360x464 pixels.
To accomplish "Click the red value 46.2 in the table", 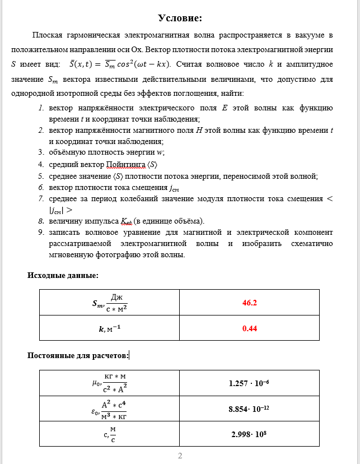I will click(x=249, y=303).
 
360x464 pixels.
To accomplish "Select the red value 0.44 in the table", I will click(x=249, y=329).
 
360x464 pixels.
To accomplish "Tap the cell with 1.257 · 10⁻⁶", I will click(x=249, y=384).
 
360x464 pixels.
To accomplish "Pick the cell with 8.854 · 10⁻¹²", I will click(x=249, y=409).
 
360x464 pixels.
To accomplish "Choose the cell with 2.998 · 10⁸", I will click(x=249, y=434).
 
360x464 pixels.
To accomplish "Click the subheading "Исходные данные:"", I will click(x=63, y=275).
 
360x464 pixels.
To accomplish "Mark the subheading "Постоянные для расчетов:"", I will click(x=78, y=355).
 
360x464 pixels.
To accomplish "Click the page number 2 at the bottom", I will click(x=180, y=456).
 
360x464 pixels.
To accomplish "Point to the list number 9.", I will click(x=41, y=231).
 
